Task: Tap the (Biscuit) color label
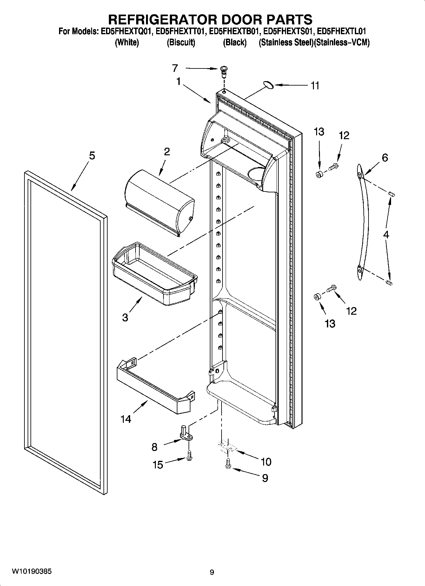click(181, 42)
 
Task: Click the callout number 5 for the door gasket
click(92, 156)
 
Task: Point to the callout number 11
click(315, 86)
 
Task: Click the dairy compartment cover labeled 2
click(159, 203)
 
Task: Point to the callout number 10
click(266, 462)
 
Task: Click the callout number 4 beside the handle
click(386, 235)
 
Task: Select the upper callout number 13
click(319, 132)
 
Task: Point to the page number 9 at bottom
click(212, 572)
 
